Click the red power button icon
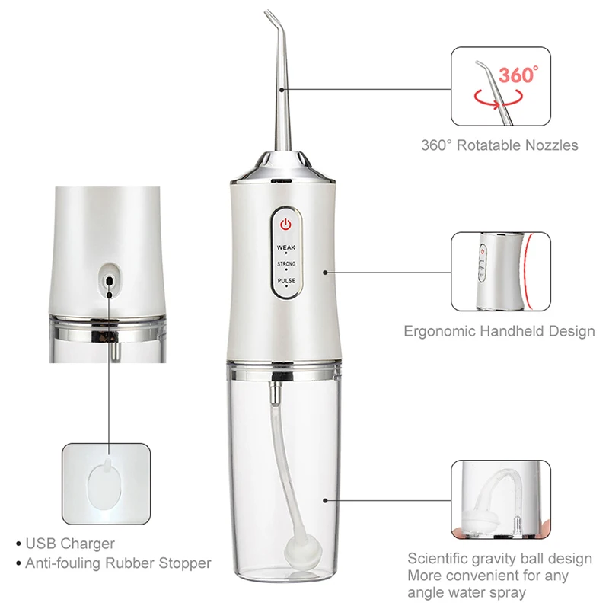285,225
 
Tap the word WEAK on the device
286,247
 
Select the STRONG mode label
286,264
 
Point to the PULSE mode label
286,281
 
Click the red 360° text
518,75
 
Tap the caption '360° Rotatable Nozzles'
499,145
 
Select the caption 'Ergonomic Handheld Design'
499,331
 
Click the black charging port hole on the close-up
110,281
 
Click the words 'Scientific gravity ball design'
499,559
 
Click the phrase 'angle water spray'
466,592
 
